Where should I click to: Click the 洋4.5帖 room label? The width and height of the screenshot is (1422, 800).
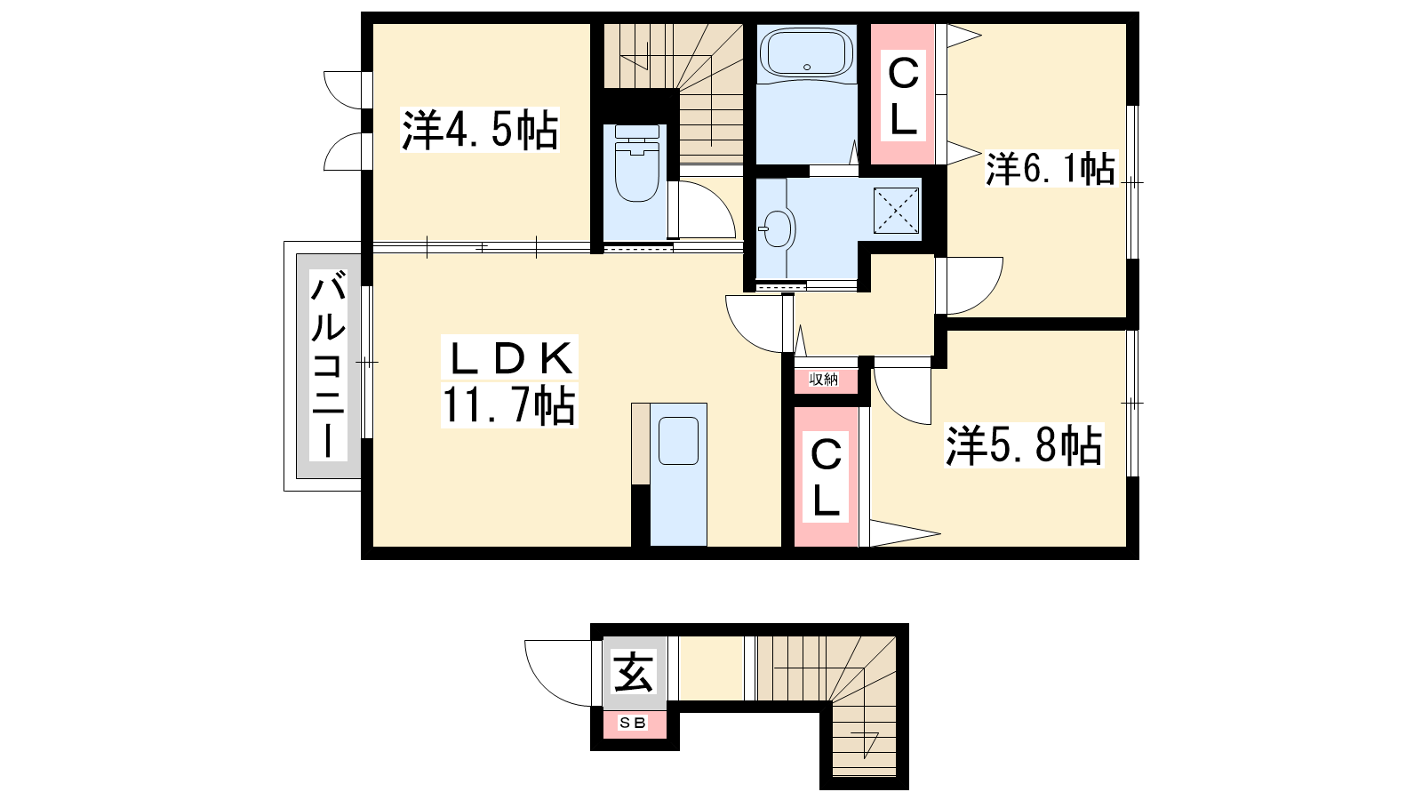pyautogui.click(x=480, y=130)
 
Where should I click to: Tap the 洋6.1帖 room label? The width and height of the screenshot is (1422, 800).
pyautogui.click(x=1051, y=169)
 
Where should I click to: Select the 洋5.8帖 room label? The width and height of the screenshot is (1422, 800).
pyautogui.click(x=1025, y=445)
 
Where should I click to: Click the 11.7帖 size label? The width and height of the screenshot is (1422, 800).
pyautogui.click(x=509, y=404)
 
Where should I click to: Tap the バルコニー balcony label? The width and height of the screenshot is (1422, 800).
pyautogui.click(x=328, y=364)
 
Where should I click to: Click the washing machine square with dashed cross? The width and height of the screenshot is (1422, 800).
pyautogui.click(x=897, y=210)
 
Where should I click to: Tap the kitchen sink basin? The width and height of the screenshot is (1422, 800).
pyautogui.click(x=679, y=441)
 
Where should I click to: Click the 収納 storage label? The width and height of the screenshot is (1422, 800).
pyautogui.click(x=823, y=380)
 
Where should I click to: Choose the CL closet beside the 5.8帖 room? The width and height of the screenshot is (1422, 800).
pyautogui.click(x=826, y=477)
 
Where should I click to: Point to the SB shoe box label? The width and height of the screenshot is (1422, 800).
pyautogui.click(x=633, y=723)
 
